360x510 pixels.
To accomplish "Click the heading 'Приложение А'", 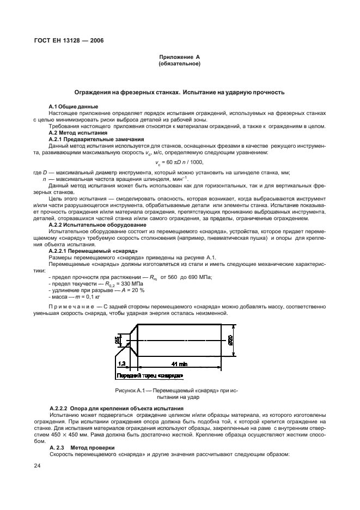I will [180, 57].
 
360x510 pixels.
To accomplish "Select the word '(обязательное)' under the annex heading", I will [180, 64].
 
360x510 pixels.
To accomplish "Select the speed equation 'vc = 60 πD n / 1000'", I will [180, 162].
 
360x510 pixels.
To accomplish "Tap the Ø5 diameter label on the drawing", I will [117, 340].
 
